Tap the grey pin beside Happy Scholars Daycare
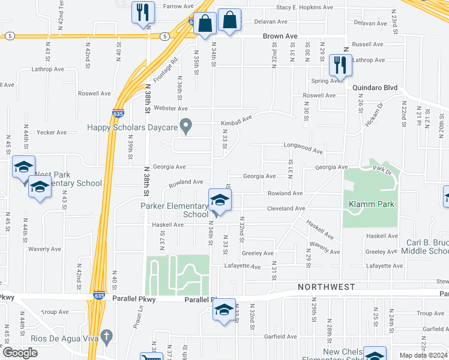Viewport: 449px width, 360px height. pos(186,127)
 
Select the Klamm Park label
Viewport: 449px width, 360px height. pos(372,204)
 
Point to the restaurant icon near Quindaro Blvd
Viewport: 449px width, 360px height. pos(341,66)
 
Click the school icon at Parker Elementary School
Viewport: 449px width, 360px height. pos(220,200)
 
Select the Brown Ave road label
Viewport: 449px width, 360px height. pos(280,37)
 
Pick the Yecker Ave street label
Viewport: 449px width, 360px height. pos(52,132)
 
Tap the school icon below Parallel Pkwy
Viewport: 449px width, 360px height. pos(224,310)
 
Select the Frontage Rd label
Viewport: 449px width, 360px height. pos(167,70)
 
